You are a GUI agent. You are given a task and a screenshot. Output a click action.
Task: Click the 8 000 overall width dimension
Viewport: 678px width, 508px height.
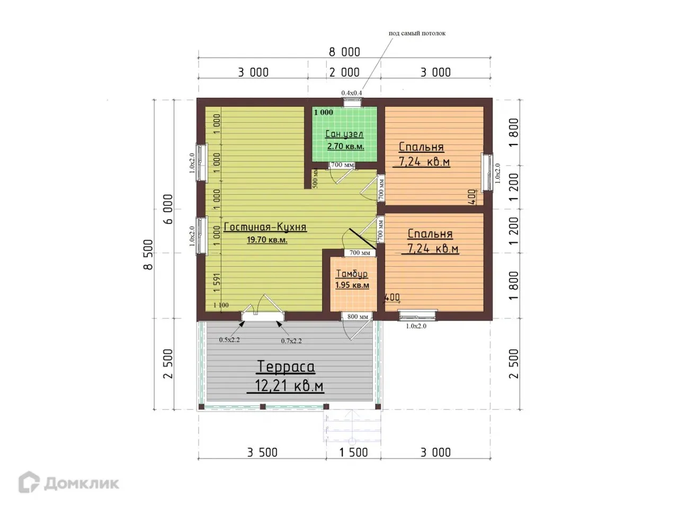tap(344, 52)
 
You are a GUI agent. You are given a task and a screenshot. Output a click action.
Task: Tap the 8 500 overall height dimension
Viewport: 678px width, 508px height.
tap(148, 255)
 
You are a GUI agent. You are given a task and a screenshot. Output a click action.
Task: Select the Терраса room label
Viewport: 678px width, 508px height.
tap(286, 366)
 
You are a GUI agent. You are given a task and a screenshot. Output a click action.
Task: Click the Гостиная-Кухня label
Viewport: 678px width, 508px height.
tap(265, 226)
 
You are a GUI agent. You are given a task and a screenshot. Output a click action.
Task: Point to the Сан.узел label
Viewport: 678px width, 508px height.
tap(344, 134)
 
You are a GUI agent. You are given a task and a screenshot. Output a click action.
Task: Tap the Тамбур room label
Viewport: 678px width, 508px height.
tap(352, 274)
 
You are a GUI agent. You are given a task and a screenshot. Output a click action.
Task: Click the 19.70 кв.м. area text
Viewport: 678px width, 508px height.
tap(267, 240)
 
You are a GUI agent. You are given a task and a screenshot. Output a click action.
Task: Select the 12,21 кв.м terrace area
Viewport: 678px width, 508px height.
tap(289, 386)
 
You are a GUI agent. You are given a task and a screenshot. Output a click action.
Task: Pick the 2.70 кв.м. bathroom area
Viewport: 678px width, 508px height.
tap(346, 146)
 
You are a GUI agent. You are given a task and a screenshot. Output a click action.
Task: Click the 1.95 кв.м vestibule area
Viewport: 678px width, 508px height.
tap(352, 285)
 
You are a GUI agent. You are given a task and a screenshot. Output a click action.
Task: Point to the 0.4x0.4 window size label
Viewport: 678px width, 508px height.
tap(352, 93)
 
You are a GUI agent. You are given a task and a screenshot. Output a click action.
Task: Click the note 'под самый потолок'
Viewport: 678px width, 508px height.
tap(417, 33)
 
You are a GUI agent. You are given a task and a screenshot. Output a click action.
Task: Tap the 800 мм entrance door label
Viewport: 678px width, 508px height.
tap(358, 316)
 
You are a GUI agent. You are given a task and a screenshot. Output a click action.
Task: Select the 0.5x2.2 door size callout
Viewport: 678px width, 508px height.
tap(229, 340)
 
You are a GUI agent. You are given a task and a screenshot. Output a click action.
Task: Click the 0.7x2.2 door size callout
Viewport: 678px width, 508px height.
tap(291, 341)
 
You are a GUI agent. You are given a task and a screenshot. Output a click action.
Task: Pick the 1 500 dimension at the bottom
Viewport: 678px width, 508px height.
tap(353, 452)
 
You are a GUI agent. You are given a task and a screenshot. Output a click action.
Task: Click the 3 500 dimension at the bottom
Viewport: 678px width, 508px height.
tap(262, 452)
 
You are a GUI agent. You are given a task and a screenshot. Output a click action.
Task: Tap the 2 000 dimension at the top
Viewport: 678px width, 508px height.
tap(344, 72)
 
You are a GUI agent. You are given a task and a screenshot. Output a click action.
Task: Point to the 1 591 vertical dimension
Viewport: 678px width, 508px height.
tap(217, 282)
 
